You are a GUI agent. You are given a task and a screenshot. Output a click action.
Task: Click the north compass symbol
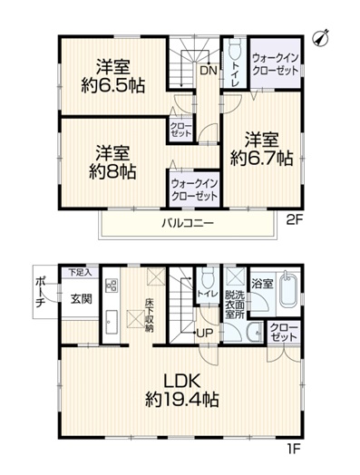(321, 38)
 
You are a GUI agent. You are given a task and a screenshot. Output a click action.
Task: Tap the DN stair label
(209, 71)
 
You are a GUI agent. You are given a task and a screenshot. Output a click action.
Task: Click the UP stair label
(205, 334)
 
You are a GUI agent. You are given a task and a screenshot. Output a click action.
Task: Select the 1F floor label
(292, 448)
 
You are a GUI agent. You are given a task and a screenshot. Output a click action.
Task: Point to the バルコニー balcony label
(188, 223)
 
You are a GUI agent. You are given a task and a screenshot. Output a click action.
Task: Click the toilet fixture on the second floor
(234, 49)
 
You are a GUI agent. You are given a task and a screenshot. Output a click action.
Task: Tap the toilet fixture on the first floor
(208, 278)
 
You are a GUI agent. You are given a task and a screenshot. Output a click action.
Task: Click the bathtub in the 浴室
(288, 289)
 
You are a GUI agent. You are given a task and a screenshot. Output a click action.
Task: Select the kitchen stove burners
(112, 285)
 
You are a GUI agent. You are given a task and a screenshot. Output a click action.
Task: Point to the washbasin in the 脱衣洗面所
(254, 333)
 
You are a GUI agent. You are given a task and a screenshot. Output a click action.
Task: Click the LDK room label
(182, 381)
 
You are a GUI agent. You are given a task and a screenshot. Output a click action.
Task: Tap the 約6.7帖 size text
(261, 157)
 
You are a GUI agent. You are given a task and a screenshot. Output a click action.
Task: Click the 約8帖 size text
(112, 171)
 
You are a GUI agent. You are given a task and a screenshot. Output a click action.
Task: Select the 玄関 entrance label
(82, 299)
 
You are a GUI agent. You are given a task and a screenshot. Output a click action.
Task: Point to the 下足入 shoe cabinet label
(80, 272)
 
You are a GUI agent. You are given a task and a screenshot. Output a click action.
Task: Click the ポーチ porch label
(39, 292)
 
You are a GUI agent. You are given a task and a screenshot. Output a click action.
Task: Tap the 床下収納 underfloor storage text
(149, 315)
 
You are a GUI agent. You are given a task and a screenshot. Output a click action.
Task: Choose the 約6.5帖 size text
(112, 86)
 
